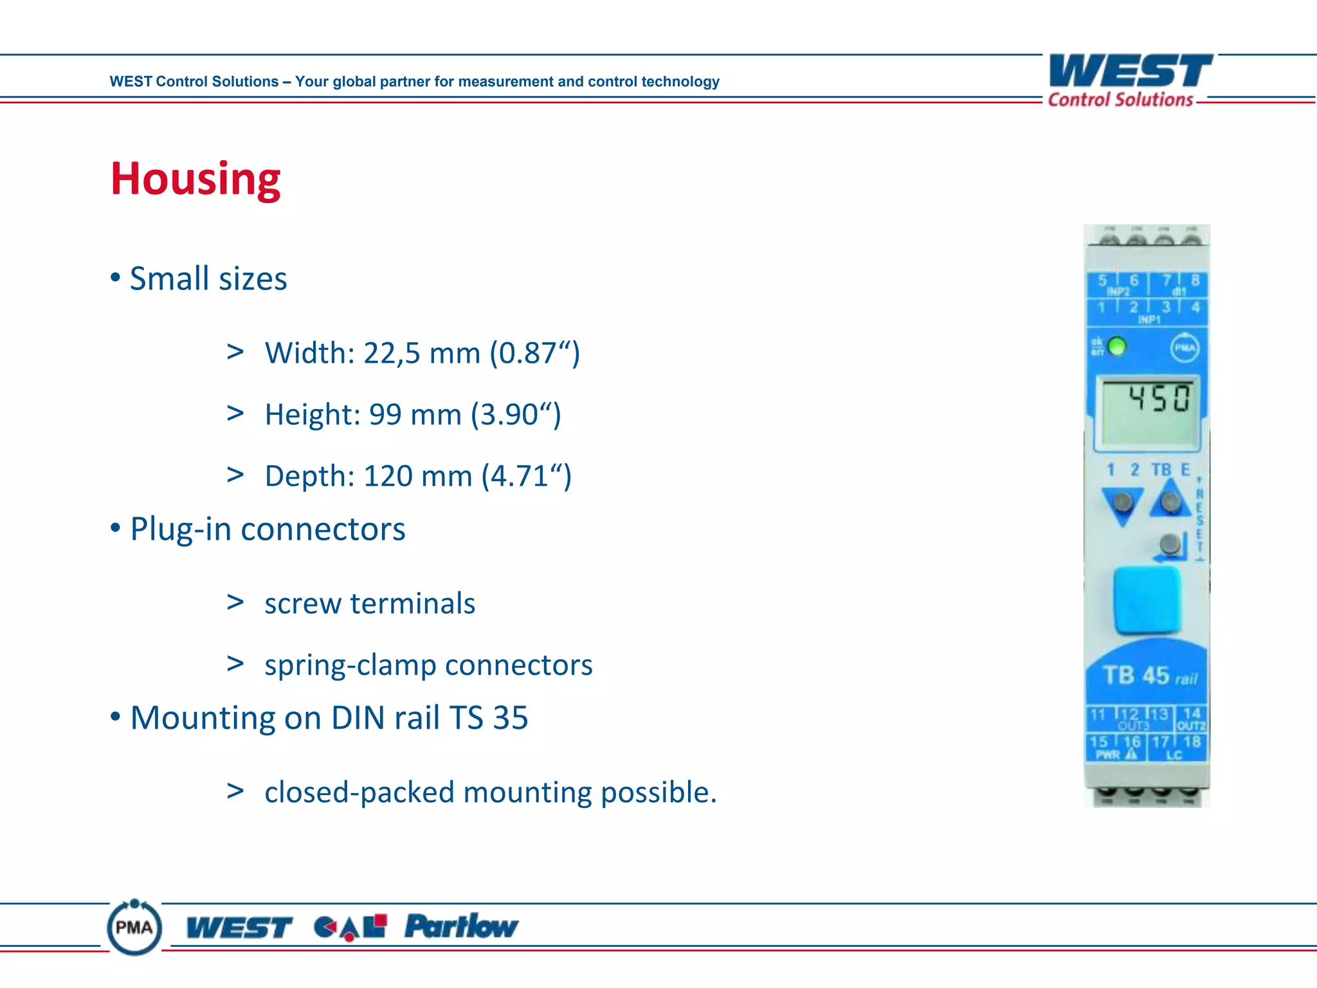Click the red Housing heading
(x=195, y=179)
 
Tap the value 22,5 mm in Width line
(x=422, y=353)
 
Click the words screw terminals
(x=370, y=604)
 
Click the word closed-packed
(x=359, y=792)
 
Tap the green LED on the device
(x=1118, y=347)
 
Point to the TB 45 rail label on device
(x=1149, y=676)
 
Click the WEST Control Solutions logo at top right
(x=1130, y=80)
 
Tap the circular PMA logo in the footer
(x=134, y=928)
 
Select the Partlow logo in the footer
(x=461, y=927)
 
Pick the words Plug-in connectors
(x=268, y=529)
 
